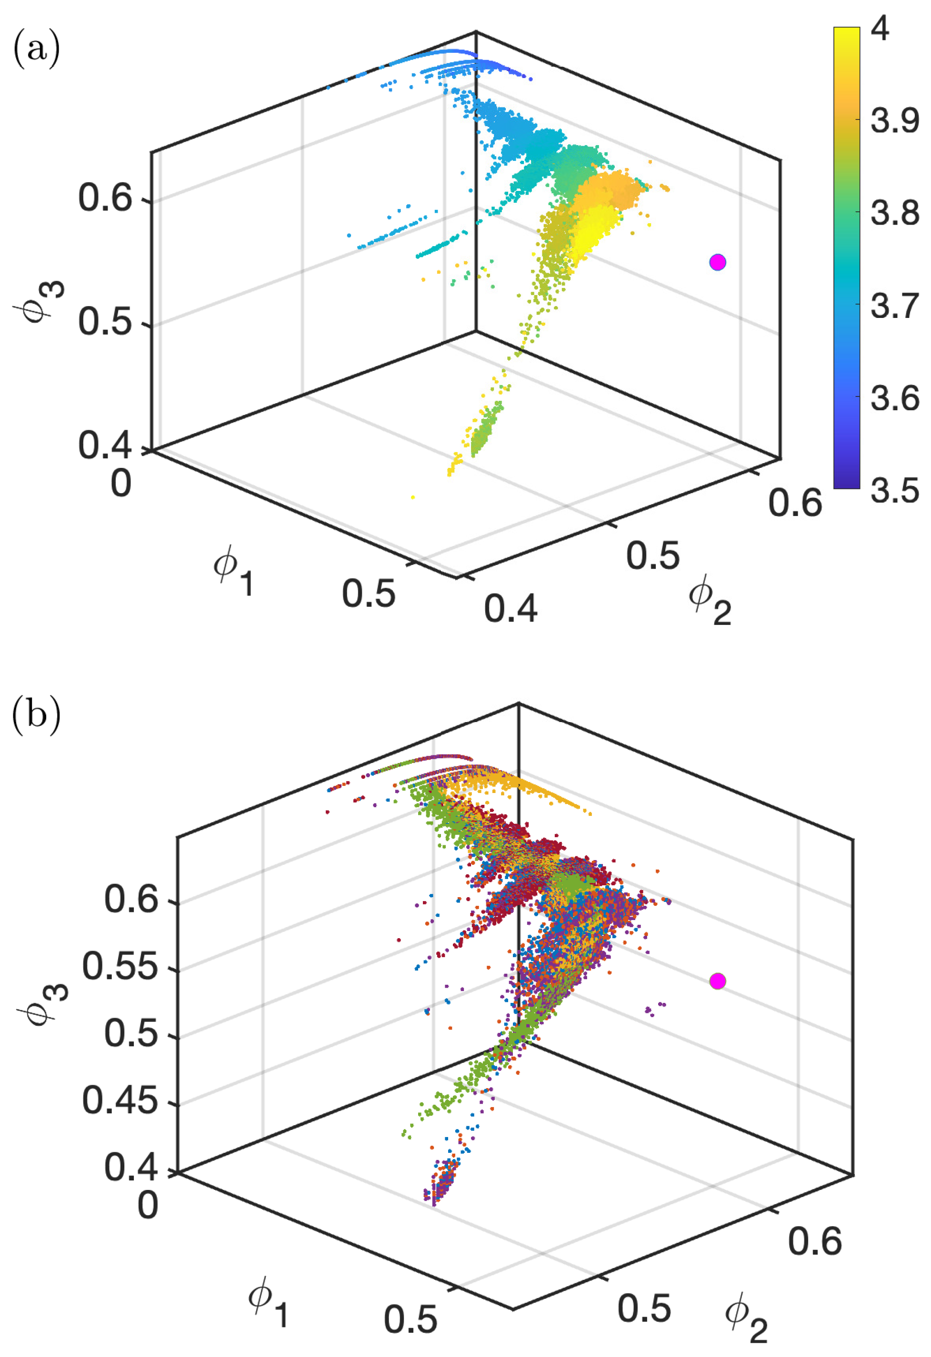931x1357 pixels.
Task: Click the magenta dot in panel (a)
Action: (x=717, y=262)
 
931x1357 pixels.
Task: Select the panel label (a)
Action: (x=36, y=50)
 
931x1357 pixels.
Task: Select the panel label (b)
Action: (x=36, y=713)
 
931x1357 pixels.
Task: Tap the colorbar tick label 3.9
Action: (x=894, y=121)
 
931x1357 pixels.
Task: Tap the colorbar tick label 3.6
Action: (x=894, y=398)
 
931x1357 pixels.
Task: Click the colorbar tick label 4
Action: (x=880, y=28)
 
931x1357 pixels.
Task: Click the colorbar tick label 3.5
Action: (x=894, y=490)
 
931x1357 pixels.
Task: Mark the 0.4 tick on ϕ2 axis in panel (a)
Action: (x=510, y=608)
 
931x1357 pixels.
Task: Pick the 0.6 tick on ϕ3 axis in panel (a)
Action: (x=105, y=198)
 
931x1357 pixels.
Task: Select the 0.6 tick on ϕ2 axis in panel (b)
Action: (x=814, y=1241)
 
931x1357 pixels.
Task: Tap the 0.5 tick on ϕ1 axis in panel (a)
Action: (x=369, y=594)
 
